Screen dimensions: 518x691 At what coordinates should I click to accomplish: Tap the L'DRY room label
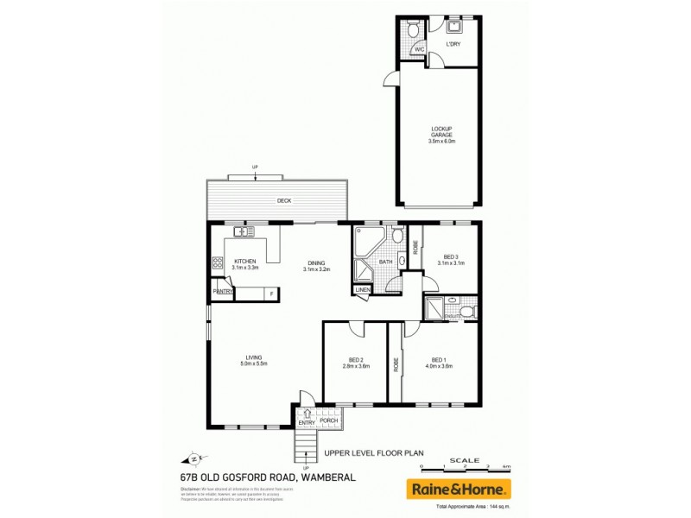(x=453, y=44)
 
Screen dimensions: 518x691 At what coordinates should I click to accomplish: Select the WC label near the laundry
(x=418, y=50)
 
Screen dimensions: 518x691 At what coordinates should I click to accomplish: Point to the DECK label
(x=284, y=201)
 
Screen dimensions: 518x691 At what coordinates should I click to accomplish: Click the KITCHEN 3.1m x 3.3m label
(x=246, y=264)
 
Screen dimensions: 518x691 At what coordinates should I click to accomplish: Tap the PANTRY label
(x=224, y=292)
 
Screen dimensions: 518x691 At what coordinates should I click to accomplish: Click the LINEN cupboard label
(x=363, y=290)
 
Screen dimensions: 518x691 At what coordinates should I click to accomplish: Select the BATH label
(x=385, y=262)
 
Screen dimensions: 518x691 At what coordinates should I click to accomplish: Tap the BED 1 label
(x=440, y=363)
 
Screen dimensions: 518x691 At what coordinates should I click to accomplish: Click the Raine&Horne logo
(x=459, y=489)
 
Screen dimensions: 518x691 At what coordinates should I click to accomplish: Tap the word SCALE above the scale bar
(x=466, y=459)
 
